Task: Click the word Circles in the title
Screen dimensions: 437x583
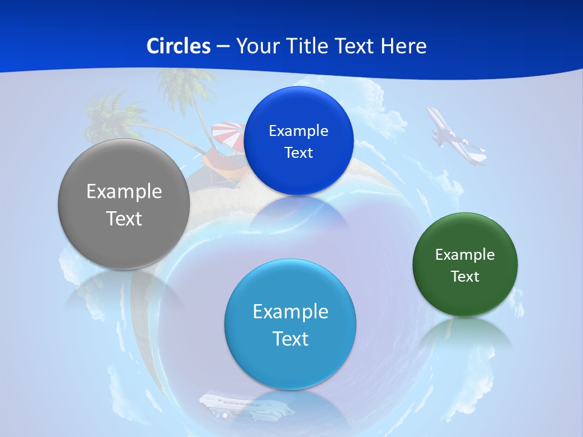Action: [x=179, y=46]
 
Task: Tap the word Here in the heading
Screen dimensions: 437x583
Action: [x=404, y=46]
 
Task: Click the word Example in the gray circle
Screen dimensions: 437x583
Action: [x=124, y=192]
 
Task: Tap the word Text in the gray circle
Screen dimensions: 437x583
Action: [x=124, y=218]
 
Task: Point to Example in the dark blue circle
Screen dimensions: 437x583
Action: [x=298, y=130]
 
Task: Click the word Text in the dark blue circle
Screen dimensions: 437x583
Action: [x=298, y=152]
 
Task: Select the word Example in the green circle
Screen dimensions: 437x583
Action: [x=465, y=254]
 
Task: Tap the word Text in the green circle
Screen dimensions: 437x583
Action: [x=465, y=276]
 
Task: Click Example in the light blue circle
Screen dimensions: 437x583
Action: [x=290, y=311]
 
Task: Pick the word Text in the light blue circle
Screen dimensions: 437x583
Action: [x=290, y=338]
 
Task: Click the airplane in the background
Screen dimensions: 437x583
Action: [x=457, y=137]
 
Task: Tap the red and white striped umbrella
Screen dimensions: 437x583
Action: [x=228, y=135]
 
